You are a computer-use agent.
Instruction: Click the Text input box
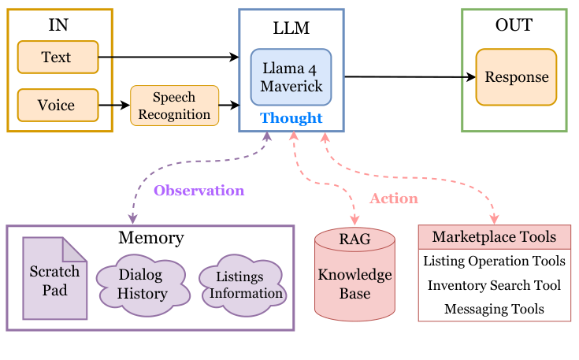pos(58,57)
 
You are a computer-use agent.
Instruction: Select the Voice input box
pos(58,105)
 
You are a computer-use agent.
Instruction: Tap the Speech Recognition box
pos(174,105)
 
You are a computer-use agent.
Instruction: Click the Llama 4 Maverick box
pos(291,76)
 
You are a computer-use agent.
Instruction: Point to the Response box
pos(516,77)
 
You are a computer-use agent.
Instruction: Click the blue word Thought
pos(291,118)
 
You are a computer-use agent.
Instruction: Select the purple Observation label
pos(199,191)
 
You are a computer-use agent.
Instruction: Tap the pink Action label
pos(394,199)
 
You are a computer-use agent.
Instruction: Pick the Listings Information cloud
pos(241,285)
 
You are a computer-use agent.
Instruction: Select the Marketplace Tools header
pos(494,236)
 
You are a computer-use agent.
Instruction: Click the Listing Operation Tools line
pos(494,261)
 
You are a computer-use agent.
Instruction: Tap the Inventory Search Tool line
pos(494,285)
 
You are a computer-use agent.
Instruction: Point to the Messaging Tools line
pos(494,309)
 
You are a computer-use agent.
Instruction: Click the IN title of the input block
pos(58,24)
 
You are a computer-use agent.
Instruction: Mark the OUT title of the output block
pos(514,25)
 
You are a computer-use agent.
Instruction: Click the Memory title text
pos(150,238)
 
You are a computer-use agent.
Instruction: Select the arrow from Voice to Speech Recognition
pos(114,105)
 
